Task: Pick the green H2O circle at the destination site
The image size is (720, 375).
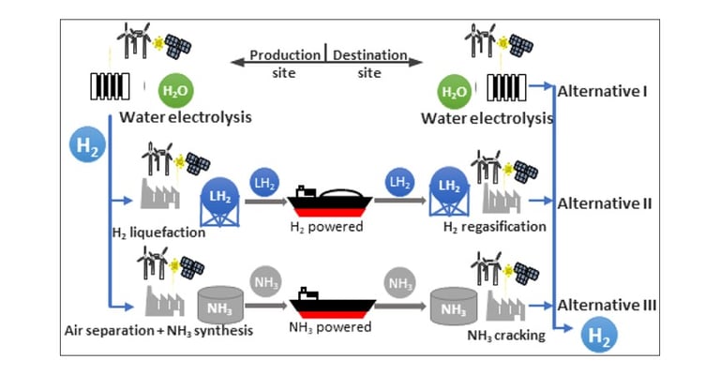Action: [x=454, y=92]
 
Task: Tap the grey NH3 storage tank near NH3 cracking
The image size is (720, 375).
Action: [x=453, y=308]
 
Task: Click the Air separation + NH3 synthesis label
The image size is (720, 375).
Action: [x=158, y=331]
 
